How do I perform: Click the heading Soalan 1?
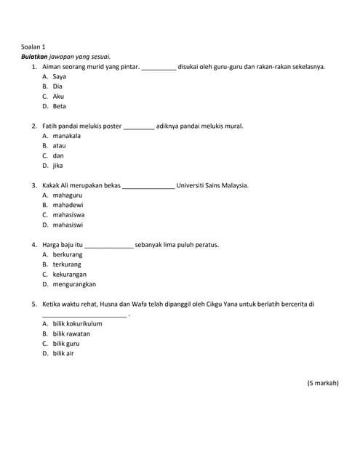(33, 46)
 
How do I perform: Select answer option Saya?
(59, 76)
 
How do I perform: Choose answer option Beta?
(59, 106)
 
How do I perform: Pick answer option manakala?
(66, 135)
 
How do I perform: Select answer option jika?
(57, 165)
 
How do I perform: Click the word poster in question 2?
(112, 126)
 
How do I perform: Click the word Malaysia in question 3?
(233, 185)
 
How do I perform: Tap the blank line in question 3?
(148, 187)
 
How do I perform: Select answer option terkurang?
(67, 264)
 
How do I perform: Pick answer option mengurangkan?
(74, 284)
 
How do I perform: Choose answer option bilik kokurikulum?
(77, 323)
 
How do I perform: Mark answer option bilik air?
(63, 353)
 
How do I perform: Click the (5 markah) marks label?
(322, 383)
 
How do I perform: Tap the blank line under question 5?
(84, 315)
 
